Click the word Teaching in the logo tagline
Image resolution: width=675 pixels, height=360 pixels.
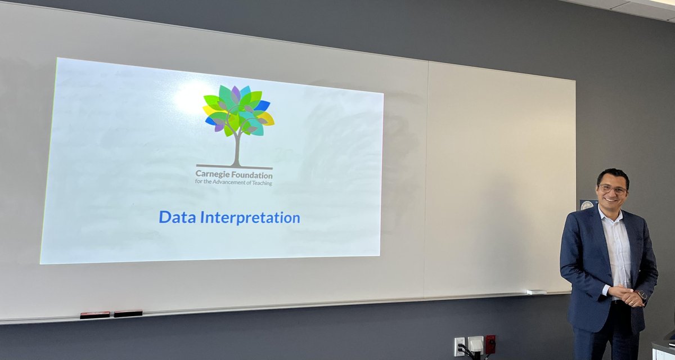260,182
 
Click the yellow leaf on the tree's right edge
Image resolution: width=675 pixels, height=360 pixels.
266,118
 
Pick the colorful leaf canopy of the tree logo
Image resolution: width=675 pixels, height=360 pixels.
238,110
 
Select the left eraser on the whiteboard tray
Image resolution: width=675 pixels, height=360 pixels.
94,315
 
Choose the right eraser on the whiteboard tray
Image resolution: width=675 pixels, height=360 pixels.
128,313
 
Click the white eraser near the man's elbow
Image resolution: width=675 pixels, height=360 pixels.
536,292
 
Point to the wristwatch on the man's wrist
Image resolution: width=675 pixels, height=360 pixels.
642,295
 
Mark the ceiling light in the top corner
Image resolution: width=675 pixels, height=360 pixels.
661,3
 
